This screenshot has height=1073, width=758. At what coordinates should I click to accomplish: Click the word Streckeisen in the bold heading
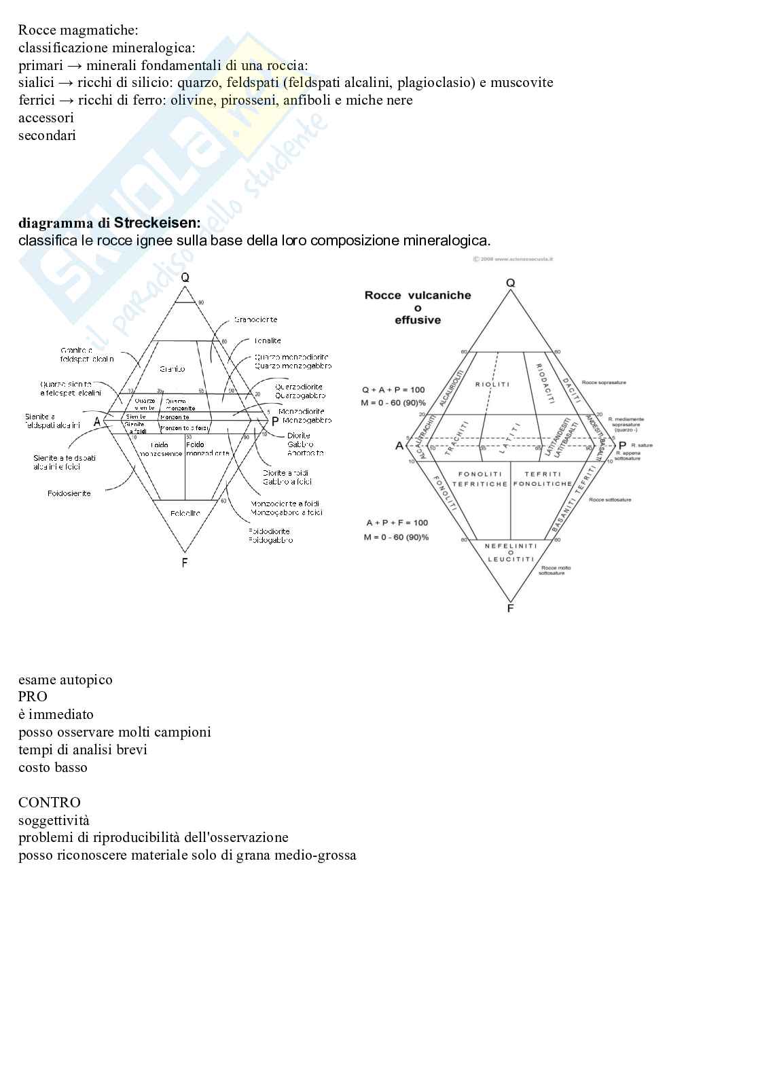pos(157,223)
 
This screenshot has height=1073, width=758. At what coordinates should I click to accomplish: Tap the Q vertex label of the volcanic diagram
pos(510,283)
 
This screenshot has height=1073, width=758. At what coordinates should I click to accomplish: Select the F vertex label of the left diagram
pos(185,563)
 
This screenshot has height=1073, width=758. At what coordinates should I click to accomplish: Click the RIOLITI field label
pos(492,385)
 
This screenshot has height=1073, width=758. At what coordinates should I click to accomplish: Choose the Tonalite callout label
pos(268,341)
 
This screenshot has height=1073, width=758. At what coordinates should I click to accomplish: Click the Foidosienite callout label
pos(69,493)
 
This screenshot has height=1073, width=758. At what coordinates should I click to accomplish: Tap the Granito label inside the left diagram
pos(173,369)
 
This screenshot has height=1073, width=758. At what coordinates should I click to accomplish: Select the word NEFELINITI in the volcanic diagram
pos(511,546)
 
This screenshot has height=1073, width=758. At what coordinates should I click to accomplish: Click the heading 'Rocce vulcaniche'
pos(418,295)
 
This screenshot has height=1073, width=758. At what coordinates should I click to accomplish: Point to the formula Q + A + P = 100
pos(393,390)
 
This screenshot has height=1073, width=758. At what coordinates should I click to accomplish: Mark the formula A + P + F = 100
pos(397,523)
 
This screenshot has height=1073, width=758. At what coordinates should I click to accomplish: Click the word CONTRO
pos(50,803)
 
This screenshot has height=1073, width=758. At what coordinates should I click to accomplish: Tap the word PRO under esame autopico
pos(33,697)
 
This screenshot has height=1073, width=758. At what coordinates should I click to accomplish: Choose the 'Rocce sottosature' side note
pos(610,499)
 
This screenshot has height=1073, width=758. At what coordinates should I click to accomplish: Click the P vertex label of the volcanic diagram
pos(622,446)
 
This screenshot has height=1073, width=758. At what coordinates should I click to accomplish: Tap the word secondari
pos(47,135)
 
